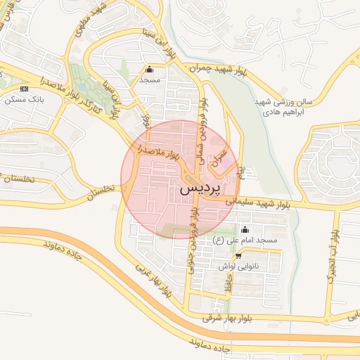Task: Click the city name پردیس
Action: tap(200, 189)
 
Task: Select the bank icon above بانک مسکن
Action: tap(25, 89)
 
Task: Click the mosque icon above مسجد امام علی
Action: tap(245, 229)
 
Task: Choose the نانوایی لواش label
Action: tap(240, 266)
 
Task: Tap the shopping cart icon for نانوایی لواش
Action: tap(240, 256)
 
